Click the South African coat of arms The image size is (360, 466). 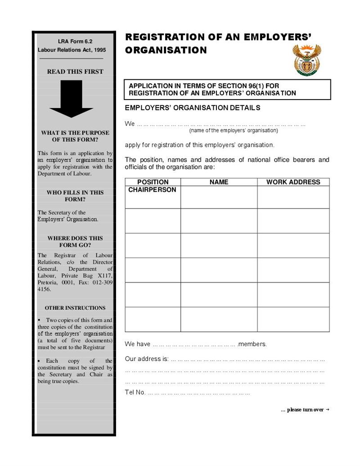click(x=306, y=60)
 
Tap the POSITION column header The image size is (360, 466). click(x=153, y=182)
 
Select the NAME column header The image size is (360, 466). click(x=219, y=182)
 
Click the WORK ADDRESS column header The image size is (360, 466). click(x=293, y=182)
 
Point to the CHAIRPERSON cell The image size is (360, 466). click(x=152, y=190)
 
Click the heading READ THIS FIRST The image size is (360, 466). click(x=75, y=72)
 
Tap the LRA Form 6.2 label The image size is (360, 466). click(x=75, y=41)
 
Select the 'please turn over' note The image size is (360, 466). click(x=305, y=410)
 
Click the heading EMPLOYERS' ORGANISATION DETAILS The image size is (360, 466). click(x=192, y=108)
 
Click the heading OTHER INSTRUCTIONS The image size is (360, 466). click(x=75, y=308)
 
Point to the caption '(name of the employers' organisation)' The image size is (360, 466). click(x=233, y=131)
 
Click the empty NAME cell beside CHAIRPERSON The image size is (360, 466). click(x=219, y=197)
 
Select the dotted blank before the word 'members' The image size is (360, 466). click(x=194, y=344)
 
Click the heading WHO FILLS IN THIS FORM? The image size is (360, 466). click(x=75, y=196)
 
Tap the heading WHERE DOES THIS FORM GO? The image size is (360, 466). click(x=75, y=242)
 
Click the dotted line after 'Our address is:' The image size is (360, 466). click(x=248, y=359)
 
